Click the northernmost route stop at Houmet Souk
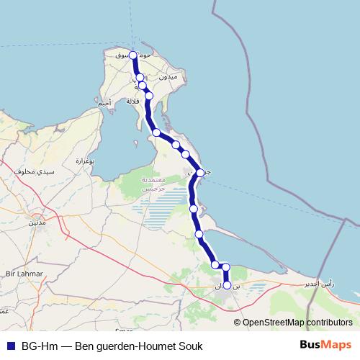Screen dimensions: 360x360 pos(133,55)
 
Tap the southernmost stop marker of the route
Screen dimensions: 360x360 pos(228,285)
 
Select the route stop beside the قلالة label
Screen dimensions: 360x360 pos(149,95)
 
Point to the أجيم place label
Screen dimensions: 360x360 pos(105,103)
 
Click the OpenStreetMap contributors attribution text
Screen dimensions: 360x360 pos(298,322)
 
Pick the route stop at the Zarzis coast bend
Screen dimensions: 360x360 pos(200,173)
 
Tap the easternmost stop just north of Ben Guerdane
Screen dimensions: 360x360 pos(226,267)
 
